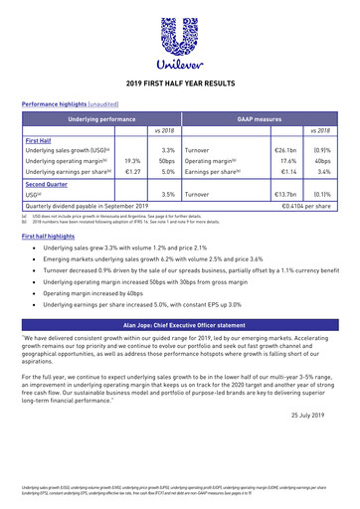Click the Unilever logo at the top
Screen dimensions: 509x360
[180, 39]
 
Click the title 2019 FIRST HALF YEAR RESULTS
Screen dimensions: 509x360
[180, 85]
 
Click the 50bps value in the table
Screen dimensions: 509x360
[167, 159]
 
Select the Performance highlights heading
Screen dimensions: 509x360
[61, 102]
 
